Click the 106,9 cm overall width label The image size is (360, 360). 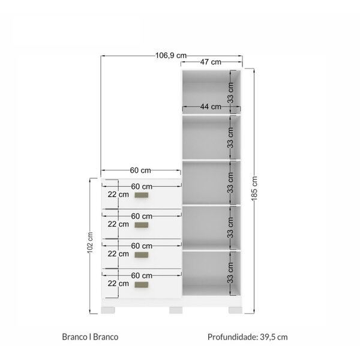[x=171, y=56]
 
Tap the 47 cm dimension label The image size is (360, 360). [x=211, y=62]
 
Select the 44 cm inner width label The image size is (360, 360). [x=211, y=107]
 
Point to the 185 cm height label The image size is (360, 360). [x=254, y=188]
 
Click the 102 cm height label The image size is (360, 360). [x=90, y=242]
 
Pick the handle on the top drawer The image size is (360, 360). [x=141, y=195]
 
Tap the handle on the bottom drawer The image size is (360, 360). [x=141, y=284]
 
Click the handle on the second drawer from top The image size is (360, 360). [x=141, y=225]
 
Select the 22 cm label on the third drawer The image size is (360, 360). [x=118, y=254]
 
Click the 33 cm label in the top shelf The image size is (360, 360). [x=230, y=92]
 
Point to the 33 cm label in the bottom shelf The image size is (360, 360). [x=230, y=273]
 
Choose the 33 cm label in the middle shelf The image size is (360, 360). [x=230, y=182]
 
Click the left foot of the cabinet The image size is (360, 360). [x=108, y=310]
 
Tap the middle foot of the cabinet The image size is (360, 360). [x=176, y=310]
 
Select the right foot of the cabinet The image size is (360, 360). [x=235, y=310]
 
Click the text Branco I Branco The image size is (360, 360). [x=90, y=337]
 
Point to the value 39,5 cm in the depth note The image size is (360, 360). [x=274, y=337]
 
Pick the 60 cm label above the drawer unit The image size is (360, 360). [x=140, y=170]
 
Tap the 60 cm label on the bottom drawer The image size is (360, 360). [x=142, y=275]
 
